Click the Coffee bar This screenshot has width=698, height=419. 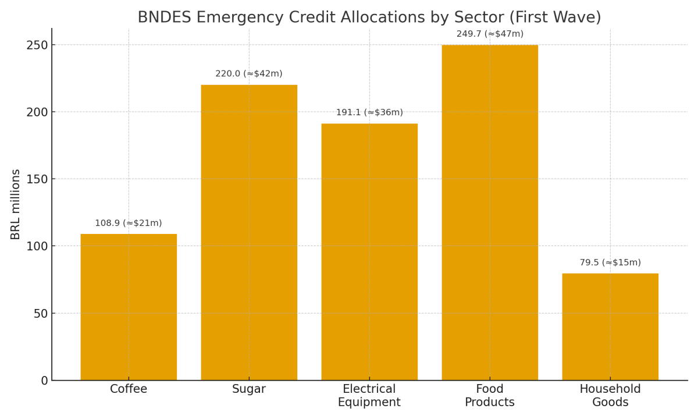click(129, 307)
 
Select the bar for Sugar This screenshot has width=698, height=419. click(249, 232)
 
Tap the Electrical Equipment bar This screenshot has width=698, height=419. click(369, 251)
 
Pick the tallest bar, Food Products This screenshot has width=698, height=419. click(490, 212)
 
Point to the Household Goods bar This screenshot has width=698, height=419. click(610, 326)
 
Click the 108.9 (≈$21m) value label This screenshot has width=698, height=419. click(129, 223)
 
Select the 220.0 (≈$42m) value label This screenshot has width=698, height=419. click(249, 74)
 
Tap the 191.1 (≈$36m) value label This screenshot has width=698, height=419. click(369, 113)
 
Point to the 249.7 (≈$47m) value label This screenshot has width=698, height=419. click(490, 34)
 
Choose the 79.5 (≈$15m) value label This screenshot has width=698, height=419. click(610, 263)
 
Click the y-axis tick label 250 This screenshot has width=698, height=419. click(37, 45)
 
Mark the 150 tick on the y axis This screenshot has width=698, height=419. click(37, 179)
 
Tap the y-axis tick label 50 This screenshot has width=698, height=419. click(41, 314)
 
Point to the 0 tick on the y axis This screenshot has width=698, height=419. click(44, 381)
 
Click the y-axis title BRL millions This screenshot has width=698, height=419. click(16, 204)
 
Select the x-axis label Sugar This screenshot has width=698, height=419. click(249, 389)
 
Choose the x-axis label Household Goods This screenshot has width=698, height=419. click(610, 396)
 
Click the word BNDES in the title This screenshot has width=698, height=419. click(163, 18)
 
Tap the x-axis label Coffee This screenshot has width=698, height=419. click(129, 389)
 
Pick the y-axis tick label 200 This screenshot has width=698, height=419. click(37, 112)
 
